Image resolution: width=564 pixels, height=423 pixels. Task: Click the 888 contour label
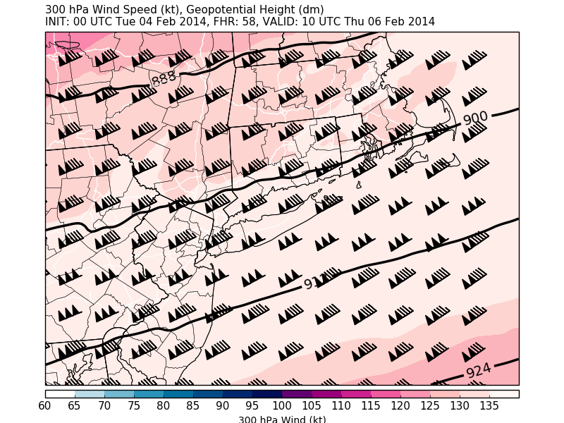[x=164, y=78]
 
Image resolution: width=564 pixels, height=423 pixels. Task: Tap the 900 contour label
[x=476, y=118]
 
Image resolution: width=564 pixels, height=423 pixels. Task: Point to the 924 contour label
[x=479, y=371]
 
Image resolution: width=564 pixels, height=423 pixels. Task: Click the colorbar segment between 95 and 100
[x=267, y=393]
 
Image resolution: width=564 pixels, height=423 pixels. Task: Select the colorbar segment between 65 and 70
[x=90, y=393]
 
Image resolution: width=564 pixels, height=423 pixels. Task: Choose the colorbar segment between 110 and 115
[x=356, y=393]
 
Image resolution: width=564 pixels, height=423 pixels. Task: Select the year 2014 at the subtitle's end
[x=421, y=22]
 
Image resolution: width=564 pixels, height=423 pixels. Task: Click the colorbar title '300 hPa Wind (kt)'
[x=282, y=419]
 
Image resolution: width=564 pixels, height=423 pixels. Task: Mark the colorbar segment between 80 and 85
[x=178, y=393]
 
